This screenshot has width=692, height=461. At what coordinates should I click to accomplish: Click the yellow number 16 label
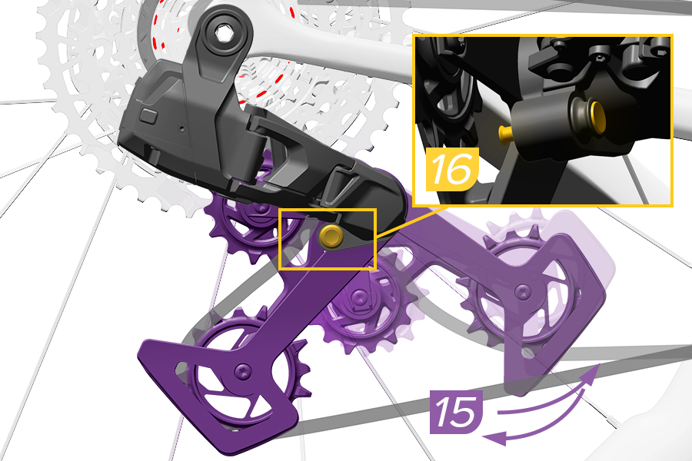point(452,169)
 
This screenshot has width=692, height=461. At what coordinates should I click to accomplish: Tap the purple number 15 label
point(456,411)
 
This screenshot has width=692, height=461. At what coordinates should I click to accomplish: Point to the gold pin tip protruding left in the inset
point(505,131)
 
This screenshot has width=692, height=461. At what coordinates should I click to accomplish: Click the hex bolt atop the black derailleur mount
point(223,33)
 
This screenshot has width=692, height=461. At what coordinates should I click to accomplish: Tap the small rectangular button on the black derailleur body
point(148,115)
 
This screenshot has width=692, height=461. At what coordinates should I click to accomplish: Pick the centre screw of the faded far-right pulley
point(524,290)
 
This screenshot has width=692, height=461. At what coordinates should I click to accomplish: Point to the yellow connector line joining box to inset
point(410,222)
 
